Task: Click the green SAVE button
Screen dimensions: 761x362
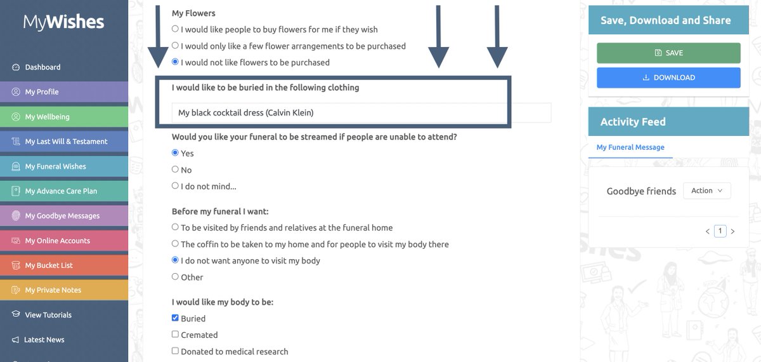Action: [x=668, y=53]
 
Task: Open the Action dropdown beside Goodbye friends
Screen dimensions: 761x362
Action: [x=706, y=191]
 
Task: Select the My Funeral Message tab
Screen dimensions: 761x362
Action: [x=630, y=147]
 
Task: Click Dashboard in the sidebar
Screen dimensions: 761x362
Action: [x=42, y=67]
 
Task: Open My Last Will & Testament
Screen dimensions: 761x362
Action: [x=66, y=142]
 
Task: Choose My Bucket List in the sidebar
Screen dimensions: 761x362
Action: [x=49, y=265]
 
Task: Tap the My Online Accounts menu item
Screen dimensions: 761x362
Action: [x=57, y=241]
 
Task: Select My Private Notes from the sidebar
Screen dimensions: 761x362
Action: [x=53, y=290]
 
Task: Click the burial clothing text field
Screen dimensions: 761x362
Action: [x=361, y=113]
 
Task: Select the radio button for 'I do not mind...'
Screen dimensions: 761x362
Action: [x=176, y=186]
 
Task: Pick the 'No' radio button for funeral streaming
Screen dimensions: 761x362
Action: [x=176, y=170]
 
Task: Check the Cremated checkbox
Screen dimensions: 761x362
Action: [x=176, y=335]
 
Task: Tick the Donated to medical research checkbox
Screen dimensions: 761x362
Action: [x=176, y=351]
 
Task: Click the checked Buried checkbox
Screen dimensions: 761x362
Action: [x=176, y=318]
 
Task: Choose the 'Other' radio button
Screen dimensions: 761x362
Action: [x=176, y=277]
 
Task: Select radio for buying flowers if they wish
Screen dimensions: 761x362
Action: [x=176, y=29]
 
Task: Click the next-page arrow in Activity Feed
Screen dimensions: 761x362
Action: [x=732, y=232]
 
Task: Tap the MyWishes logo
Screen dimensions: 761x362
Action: [x=63, y=22]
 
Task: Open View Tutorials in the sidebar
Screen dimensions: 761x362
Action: [x=48, y=315]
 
